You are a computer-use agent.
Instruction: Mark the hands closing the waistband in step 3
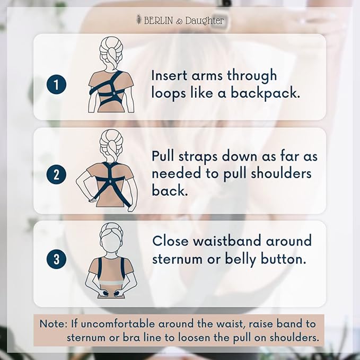(111, 292)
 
